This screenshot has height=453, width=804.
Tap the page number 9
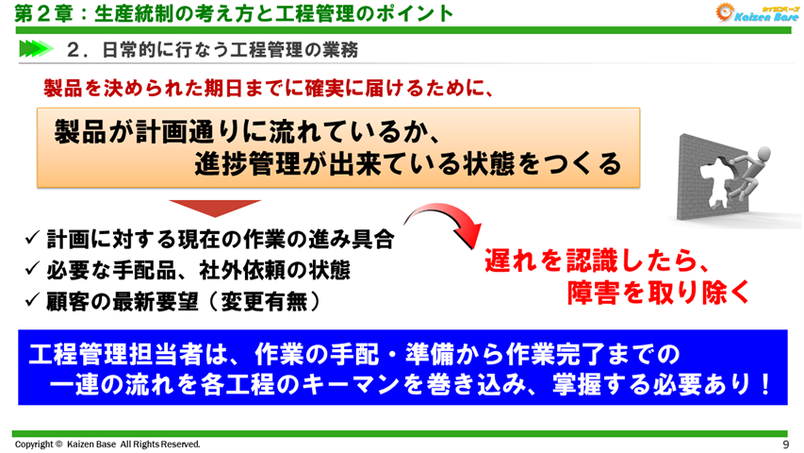[786, 445]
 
